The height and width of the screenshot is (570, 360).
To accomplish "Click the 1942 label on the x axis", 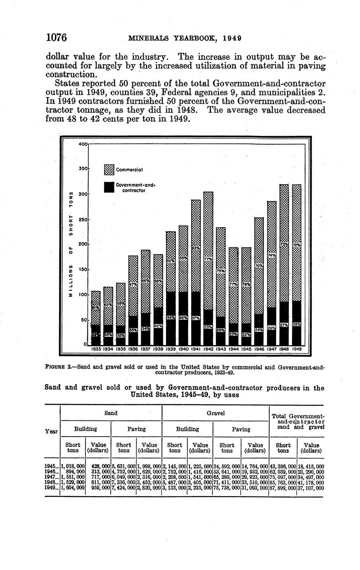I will (208, 349).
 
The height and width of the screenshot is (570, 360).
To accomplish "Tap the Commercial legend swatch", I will (109, 169).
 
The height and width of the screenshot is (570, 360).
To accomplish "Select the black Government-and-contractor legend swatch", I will (109, 187).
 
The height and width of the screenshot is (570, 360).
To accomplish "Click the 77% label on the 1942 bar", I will (208, 259).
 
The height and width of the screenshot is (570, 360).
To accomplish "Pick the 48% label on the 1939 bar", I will (171, 318).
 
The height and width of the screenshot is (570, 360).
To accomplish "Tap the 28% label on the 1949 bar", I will (296, 325).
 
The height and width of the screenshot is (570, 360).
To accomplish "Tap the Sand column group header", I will (111, 413).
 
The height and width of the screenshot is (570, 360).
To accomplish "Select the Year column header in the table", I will (52, 432).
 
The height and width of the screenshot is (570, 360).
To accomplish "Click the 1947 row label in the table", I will (51, 477).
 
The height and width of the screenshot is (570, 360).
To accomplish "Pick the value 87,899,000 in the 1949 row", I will (283, 488).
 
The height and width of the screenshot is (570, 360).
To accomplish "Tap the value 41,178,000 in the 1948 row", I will (310, 482).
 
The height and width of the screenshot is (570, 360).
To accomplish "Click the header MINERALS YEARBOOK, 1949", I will (185, 38).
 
